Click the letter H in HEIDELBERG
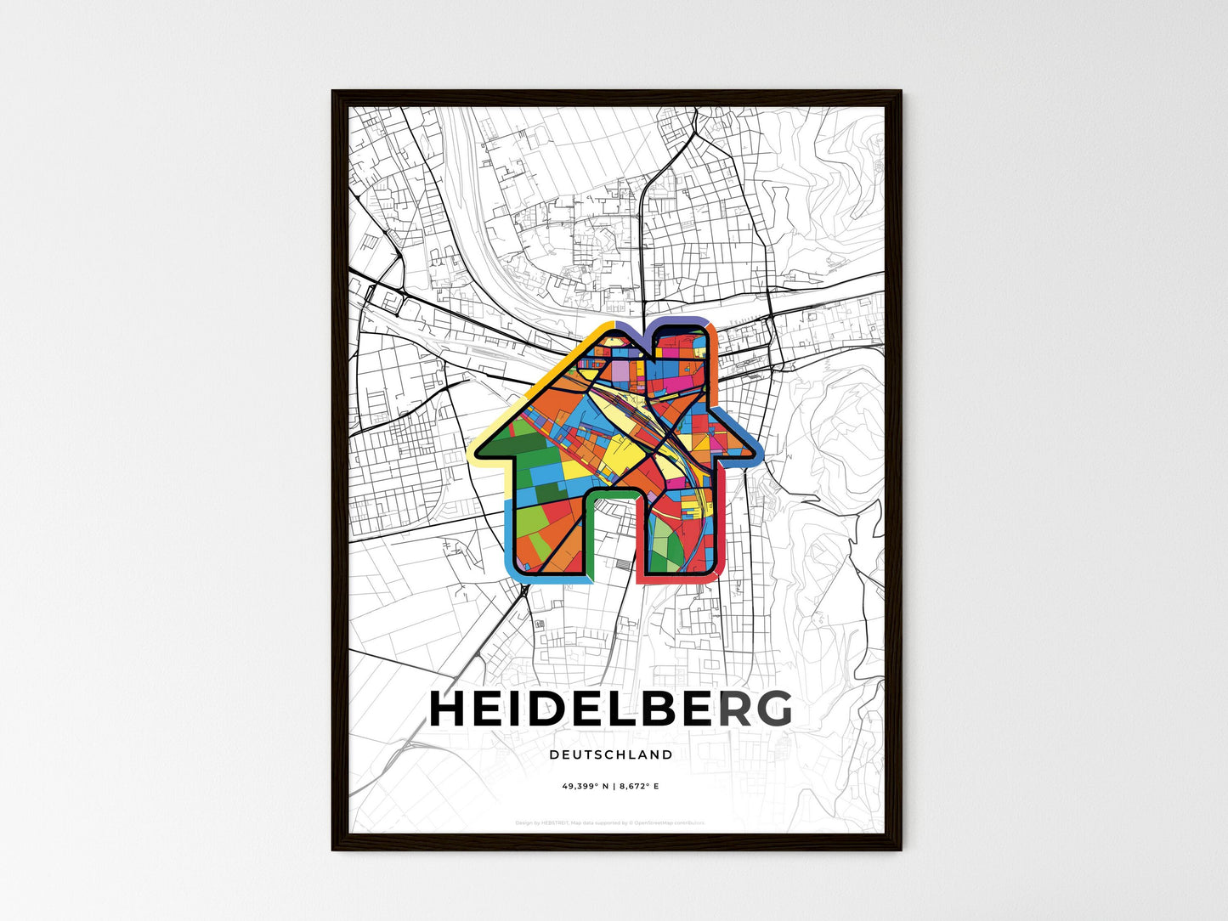[x=450, y=709]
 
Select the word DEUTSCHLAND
[x=611, y=754]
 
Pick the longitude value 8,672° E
[x=638, y=787]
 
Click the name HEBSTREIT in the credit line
[x=552, y=822]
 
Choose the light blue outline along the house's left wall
[x=507, y=535]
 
